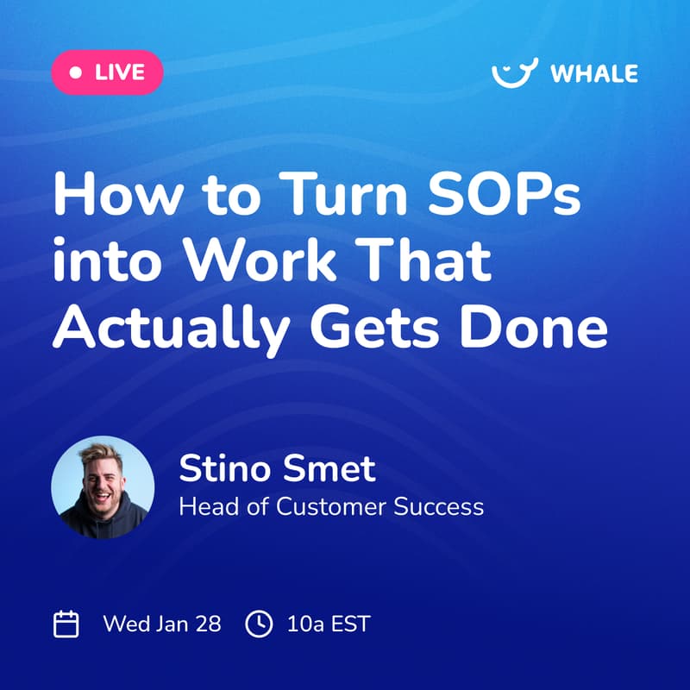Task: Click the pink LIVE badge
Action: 107,72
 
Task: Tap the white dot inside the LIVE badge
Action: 76,72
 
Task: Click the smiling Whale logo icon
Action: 514,72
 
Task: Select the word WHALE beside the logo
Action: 593,73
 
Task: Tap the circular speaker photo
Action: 103,487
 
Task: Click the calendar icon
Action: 66,624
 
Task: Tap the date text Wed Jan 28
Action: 161,624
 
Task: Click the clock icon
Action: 258,624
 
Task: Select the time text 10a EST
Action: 328,624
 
